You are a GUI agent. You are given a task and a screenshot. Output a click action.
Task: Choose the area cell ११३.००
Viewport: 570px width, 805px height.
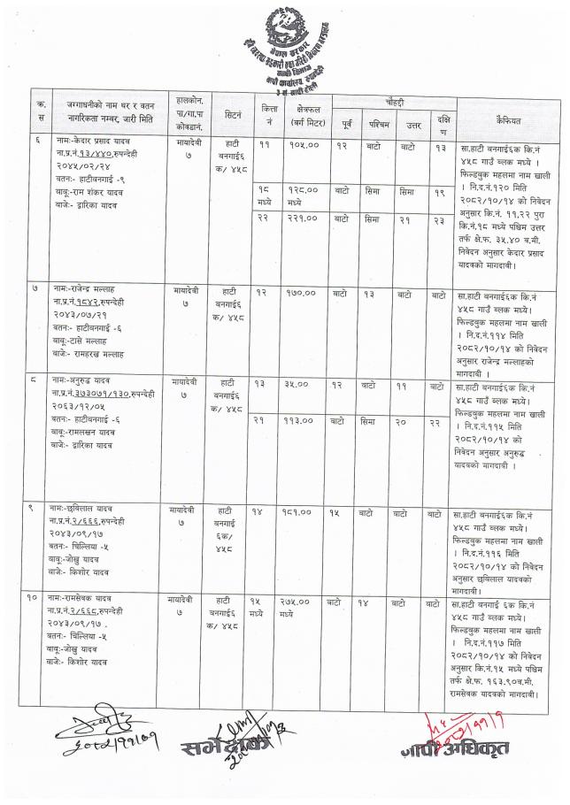point(303,421)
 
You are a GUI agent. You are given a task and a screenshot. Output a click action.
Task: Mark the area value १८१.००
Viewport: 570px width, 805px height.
point(303,512)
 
